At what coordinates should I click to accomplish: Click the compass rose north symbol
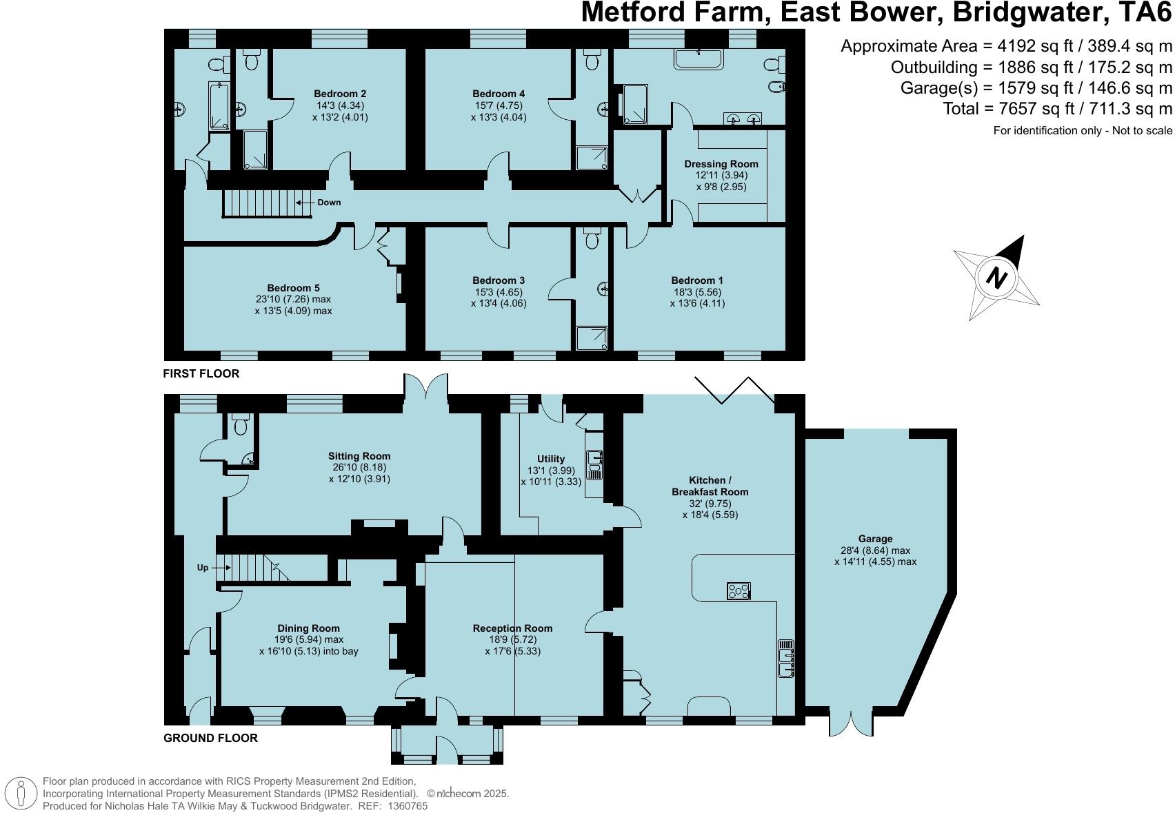pyautogui.click(x=996, y=277)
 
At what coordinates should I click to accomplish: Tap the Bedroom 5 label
pyautogui.click(x=293, y=288)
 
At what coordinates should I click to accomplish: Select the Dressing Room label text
pyautogui.click(x=721, y=164)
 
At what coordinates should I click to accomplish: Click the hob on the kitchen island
pyautogui.click(x=739, y=590)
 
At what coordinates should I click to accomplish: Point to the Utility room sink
pyautogui.click(x=594, y=464)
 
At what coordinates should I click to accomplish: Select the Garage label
pyautogui.click(x=875, y=539)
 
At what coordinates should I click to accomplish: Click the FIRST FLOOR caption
pyautogui.click(x=201, y=373)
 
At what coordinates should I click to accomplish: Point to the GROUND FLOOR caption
pyautogui.click(x=210, y=738)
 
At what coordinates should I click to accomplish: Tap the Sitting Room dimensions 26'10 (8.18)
pyautogui.click(x=359, y=467)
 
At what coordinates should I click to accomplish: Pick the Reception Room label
pyautogui.click(x=512, y=628)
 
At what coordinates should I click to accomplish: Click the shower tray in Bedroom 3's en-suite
pyautogui.click(x=592, y=337)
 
